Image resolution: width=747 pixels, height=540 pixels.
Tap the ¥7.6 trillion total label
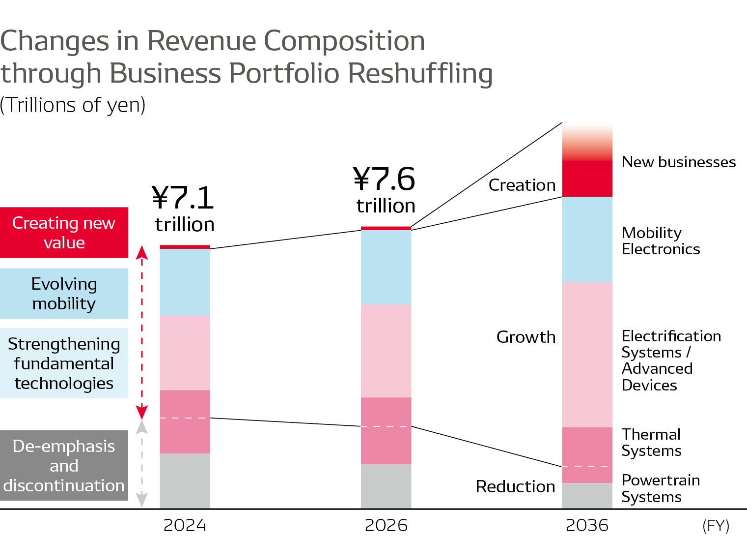pyautogui.click(x=385, y=189)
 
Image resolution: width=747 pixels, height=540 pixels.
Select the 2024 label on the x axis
pyautogui.click(x=185, y=525)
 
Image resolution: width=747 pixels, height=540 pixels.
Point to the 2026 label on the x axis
pyautogui.click(x=386, y=525)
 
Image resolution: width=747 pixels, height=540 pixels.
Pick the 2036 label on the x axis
pyautogui.click(x=587, y=525)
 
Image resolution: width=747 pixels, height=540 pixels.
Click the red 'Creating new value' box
pyautogui.click(x=64, y=233)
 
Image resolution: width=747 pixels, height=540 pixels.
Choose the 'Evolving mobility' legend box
pyautogui.click(x=64, y=294)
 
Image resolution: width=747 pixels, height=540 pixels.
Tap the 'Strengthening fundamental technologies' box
pyautogui.click(x=64, y=363)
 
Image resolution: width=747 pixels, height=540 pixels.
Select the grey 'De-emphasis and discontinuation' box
pyautogui.click(x=64, y=466)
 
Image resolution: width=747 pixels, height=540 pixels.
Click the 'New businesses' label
pyautogui.click(x=678, y=162)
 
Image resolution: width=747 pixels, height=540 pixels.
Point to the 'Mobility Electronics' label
pyautogui.click(x=661, y=241)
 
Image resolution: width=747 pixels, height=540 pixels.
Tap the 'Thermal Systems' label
pyautogui.click(x=651, y=443)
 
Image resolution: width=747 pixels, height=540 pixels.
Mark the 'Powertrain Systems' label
pyautogui.click(x=661, y=488)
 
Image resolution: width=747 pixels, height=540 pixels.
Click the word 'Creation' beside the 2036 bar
pyautogui.click(x=522, y=185)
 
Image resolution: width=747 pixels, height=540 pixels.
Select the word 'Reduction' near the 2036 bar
pyautogui.click(x=515, y=486)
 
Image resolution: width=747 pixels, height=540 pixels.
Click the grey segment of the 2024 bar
pyautogui.click(x=185, y=480)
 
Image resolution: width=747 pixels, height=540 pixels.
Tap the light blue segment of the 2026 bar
pyautogui.click(x=386, y=267)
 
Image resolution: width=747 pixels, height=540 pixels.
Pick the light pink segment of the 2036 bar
pyautogui.click(x=587, y=354)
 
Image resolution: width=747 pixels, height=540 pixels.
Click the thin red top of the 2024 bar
pyautogui.click(x=185, y=247)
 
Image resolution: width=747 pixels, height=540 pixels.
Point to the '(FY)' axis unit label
pyautogui.click(x=716, y=526)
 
